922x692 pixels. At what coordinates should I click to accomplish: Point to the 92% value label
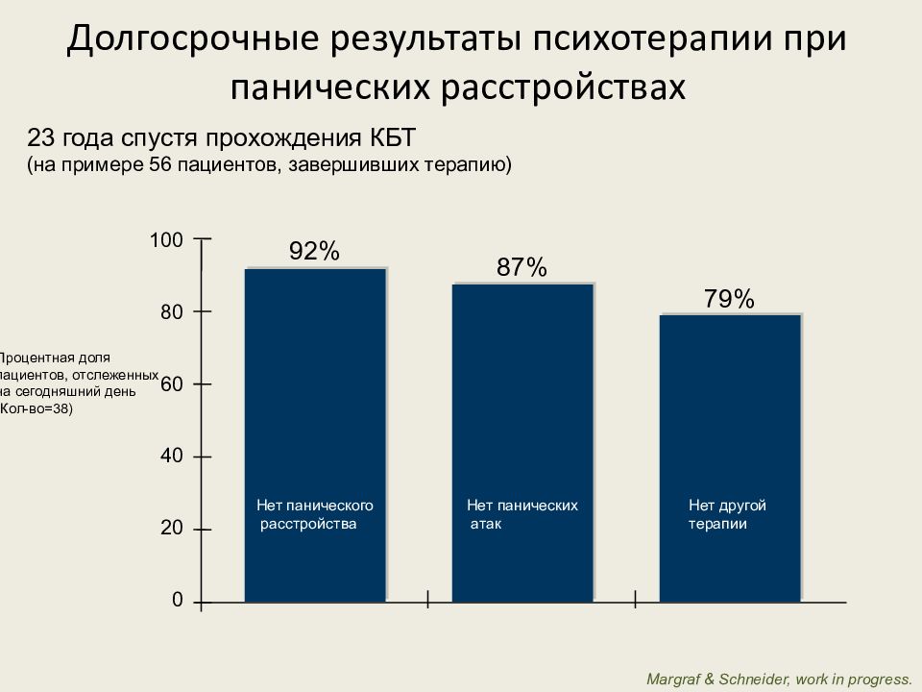(x=314, y=252)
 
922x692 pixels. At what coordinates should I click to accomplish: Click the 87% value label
(x=522, y=268)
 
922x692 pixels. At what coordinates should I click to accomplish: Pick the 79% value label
(x=729, y=300)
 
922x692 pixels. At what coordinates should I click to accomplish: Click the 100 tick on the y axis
(x=165, y=239)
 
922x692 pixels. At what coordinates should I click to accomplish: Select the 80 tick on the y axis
(x=171, y=311)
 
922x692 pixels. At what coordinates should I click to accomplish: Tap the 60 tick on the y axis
(x=171, y=384)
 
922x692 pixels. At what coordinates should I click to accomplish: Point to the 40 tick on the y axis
(x=171, y=457)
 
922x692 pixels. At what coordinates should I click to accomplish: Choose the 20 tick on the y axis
(x=171, y=529)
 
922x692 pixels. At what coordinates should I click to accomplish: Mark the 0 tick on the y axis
(x=177, y=600)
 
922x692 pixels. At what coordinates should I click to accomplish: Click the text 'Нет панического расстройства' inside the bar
(x=314, y=514)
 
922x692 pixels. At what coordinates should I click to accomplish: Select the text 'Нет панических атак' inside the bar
(x=522, y=514)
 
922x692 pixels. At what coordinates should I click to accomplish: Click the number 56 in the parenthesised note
(x=160, y=164)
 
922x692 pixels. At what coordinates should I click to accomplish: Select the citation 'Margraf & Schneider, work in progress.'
(x=779, y=679)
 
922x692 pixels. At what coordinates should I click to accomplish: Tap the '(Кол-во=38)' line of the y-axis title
(x=36, y=408)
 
